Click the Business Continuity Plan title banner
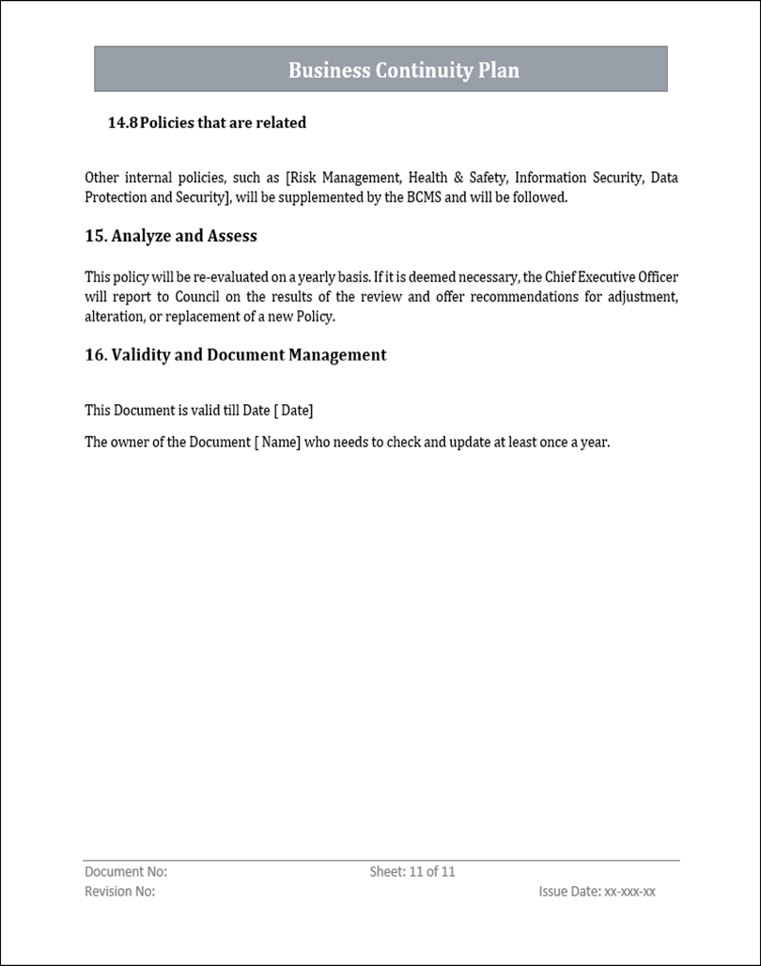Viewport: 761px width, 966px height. (x=380, y=70)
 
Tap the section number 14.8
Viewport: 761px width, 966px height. (x=122, y=122)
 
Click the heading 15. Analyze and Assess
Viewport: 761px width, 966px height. (x=171, y=236)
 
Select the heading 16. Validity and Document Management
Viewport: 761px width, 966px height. (x=236, y=354)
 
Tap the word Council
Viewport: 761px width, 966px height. (x=198, y=297)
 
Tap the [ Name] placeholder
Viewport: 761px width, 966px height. (x=277, y=442)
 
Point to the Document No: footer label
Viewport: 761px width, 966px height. (x=126, y=872)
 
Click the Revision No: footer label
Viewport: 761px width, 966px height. (x=120, y=892)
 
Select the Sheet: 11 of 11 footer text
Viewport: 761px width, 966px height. (x=412, y=872)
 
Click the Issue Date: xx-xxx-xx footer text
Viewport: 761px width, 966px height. (x=597, y=892)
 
